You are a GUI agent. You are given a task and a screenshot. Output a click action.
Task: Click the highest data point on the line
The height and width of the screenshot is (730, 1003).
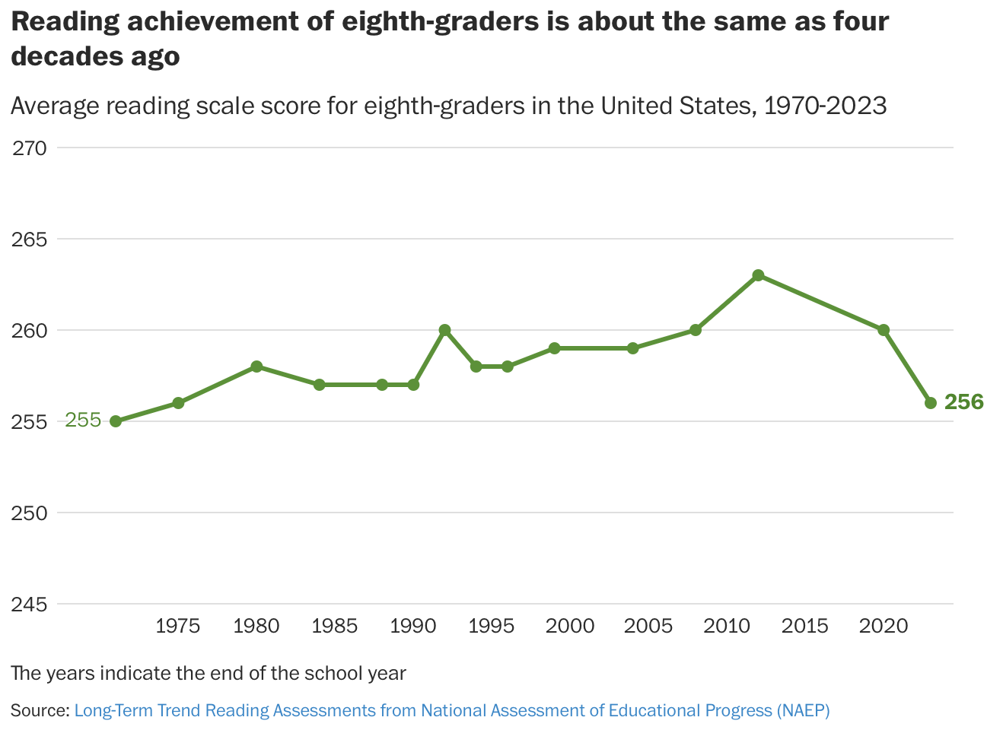point(758,275)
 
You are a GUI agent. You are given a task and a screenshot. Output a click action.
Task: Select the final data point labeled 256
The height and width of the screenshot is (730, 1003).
point(930,403)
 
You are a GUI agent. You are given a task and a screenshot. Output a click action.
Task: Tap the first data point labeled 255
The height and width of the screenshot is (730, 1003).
point(116,421)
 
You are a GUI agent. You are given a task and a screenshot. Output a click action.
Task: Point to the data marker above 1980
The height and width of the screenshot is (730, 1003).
point(256,367)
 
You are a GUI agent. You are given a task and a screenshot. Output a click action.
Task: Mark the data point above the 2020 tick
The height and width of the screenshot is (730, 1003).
point(884,330)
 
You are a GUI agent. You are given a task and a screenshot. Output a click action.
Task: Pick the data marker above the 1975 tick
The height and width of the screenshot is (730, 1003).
point(178,403)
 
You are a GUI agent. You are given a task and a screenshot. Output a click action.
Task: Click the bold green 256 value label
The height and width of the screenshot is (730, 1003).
point(963,402)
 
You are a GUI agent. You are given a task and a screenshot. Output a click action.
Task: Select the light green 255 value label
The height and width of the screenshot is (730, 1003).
point(83,420)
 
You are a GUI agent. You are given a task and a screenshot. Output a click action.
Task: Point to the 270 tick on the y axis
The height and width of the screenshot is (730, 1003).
point(30,148)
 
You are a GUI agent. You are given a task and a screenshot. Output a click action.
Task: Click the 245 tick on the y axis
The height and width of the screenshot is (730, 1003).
point(30,605)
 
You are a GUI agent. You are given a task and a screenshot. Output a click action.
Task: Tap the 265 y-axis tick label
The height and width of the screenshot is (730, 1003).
point(30,240)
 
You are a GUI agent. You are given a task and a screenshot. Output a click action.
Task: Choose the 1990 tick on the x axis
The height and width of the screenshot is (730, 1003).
point(413,627)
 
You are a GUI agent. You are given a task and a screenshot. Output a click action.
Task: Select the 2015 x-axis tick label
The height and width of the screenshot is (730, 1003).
point(805,627)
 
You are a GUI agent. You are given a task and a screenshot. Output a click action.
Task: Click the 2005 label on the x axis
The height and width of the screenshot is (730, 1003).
point(648,627)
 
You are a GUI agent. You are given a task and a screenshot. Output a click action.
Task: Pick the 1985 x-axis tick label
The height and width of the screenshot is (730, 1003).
point(335,627)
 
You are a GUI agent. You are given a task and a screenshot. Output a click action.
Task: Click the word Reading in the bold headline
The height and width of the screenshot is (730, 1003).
point(65,21)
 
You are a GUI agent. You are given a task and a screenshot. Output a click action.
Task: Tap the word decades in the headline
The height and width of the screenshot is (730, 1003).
point(63,56)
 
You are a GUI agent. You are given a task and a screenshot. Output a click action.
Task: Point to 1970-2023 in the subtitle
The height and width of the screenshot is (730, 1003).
point(825,106)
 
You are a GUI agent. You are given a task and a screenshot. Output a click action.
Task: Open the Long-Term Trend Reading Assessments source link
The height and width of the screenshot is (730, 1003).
point(451,710)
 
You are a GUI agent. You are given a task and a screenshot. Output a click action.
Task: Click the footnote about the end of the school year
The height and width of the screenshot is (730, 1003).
point(209,673)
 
